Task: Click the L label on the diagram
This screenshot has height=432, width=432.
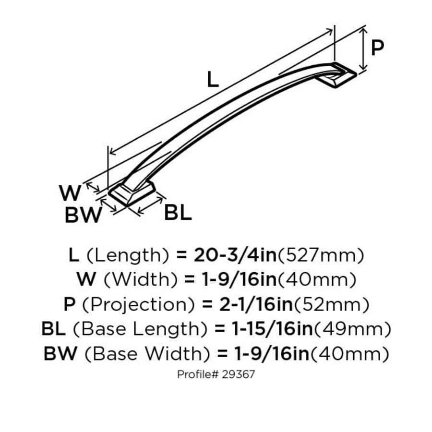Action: click(213, 80)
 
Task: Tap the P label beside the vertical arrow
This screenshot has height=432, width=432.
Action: click(378, 48)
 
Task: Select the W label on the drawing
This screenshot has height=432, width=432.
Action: click(70, 193)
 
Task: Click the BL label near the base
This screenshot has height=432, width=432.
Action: click(178, 212)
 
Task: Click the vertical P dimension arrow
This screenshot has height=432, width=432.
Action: click(364, 48)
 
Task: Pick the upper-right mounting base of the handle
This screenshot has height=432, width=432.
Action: click(340, 74)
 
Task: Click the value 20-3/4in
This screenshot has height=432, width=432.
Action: click(235, 255)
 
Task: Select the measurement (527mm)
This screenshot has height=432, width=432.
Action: click(320, 255)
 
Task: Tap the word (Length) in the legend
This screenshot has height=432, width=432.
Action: click(127, 255)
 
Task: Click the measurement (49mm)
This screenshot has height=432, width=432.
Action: click(352, 329)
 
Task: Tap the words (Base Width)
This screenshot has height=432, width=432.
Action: click(146, 354)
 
